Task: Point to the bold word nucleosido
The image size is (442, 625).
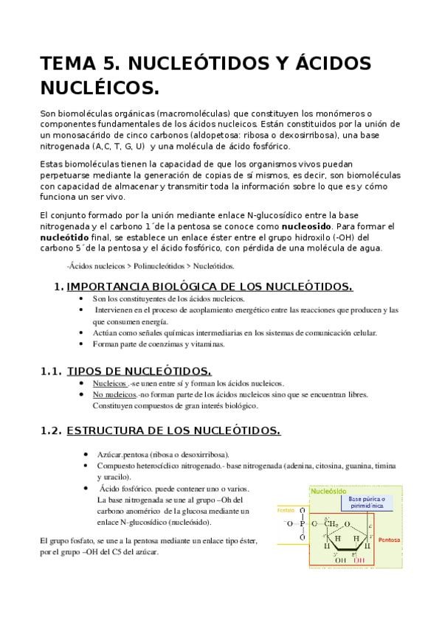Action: coord(307,226)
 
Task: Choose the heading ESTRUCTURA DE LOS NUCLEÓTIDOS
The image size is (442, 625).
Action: coord(173,430)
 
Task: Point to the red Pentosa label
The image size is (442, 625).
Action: coord(389,540)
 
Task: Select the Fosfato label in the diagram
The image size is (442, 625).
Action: coord(285,509)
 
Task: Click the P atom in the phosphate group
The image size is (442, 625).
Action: coord(300,524)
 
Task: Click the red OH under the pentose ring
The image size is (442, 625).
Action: coord(358,560)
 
